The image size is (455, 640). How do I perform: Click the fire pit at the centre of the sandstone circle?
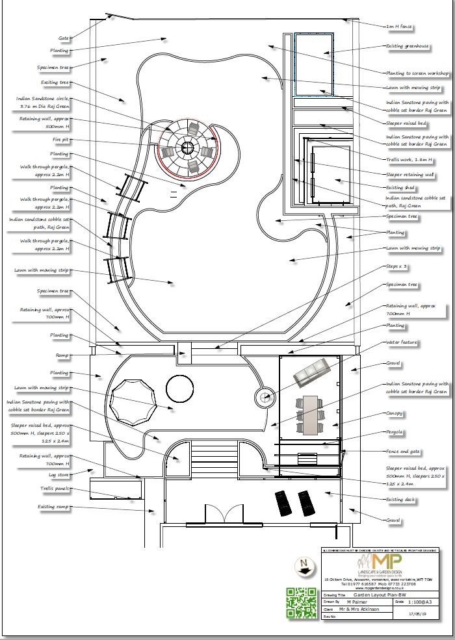point(187,148)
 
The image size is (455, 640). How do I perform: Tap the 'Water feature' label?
point(402,342)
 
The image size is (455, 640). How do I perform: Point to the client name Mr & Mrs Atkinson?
point(359,609)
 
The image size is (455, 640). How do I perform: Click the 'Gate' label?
point(63,38)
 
